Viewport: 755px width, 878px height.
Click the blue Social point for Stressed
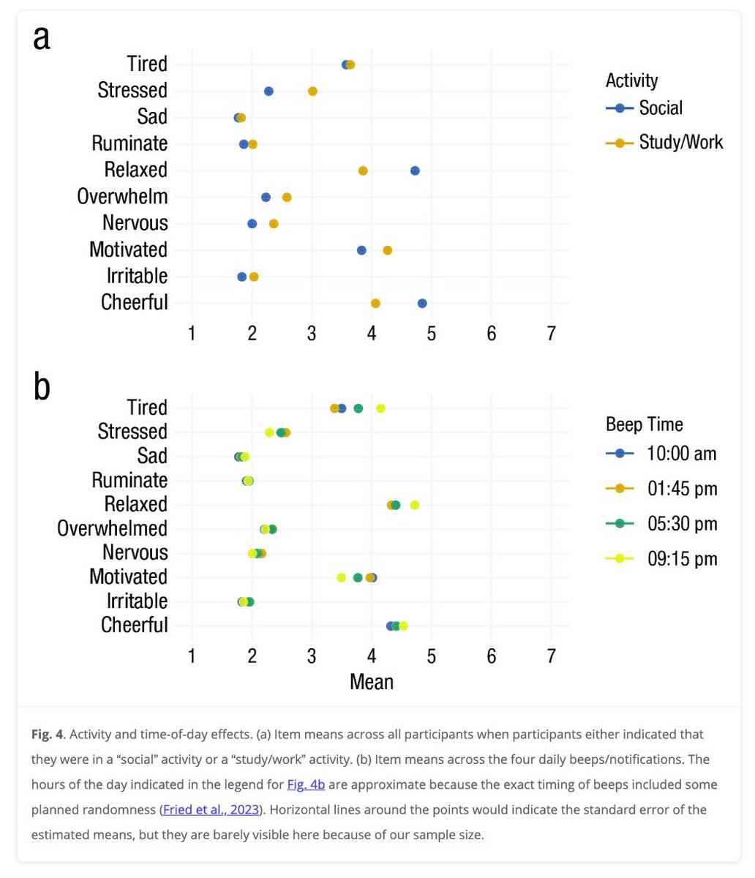[268, 91]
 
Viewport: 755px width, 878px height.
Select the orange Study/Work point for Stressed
[312, 91]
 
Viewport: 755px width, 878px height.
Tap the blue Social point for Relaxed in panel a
[415, 170]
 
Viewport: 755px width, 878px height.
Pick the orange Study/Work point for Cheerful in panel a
[375, 303]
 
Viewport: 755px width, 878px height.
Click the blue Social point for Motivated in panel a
[361, 250]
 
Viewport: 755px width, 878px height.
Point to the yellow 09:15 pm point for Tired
[380, 408]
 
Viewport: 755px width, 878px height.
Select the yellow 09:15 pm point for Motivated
[341, 577]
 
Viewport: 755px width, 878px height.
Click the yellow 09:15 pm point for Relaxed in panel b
[415, 505]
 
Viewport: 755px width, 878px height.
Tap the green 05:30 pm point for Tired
[358, 408]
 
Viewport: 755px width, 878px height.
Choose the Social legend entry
[660, 108]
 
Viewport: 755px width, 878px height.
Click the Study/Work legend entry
[680, 142]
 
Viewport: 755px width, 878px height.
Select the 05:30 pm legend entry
[681, 524]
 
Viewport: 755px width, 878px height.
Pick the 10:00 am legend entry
[681, 454]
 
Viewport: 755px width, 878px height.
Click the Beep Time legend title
[644, 424]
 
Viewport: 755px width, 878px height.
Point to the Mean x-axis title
[372, 682]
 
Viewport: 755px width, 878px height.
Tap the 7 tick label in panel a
[551, 333]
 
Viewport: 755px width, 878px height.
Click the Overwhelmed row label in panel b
[112, 528]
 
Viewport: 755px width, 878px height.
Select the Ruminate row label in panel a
[129, 143]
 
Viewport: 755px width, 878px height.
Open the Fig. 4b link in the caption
[306, 784]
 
